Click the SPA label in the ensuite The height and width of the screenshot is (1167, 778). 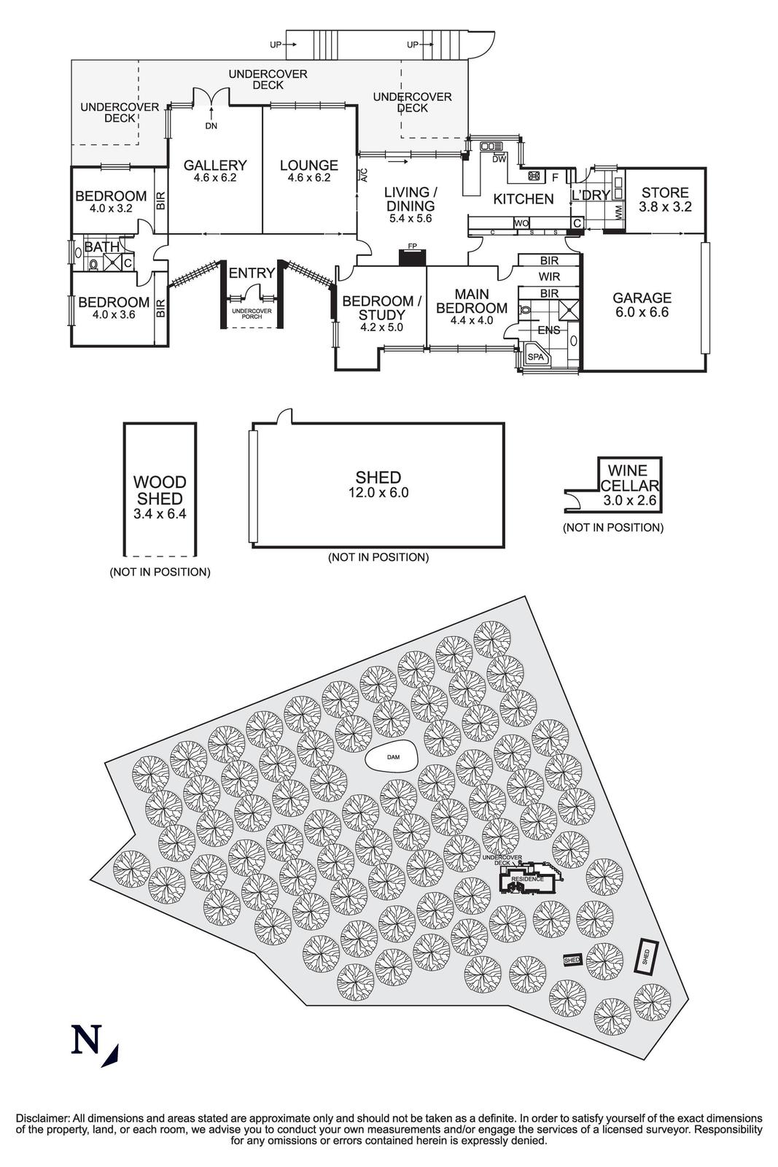coord(536,357)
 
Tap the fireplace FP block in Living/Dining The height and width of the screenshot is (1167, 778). coord(413,257)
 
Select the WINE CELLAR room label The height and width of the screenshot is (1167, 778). coord(629,478)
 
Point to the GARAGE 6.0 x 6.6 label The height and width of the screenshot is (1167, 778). coord(642,304)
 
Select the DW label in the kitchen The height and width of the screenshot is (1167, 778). coord(499,159)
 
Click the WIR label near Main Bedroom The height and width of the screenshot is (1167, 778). coord(549,277)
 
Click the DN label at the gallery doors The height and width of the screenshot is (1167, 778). coord(211,125)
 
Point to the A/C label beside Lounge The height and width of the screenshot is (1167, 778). coord(363,175)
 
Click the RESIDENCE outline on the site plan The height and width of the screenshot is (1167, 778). coord(527,879)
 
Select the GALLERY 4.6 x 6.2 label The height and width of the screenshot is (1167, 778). coord(214,171)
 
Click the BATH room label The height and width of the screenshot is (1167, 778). coord(102,247)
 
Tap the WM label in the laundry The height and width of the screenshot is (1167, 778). coord(619,213)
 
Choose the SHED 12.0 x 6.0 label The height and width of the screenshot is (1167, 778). coord(378,484)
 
